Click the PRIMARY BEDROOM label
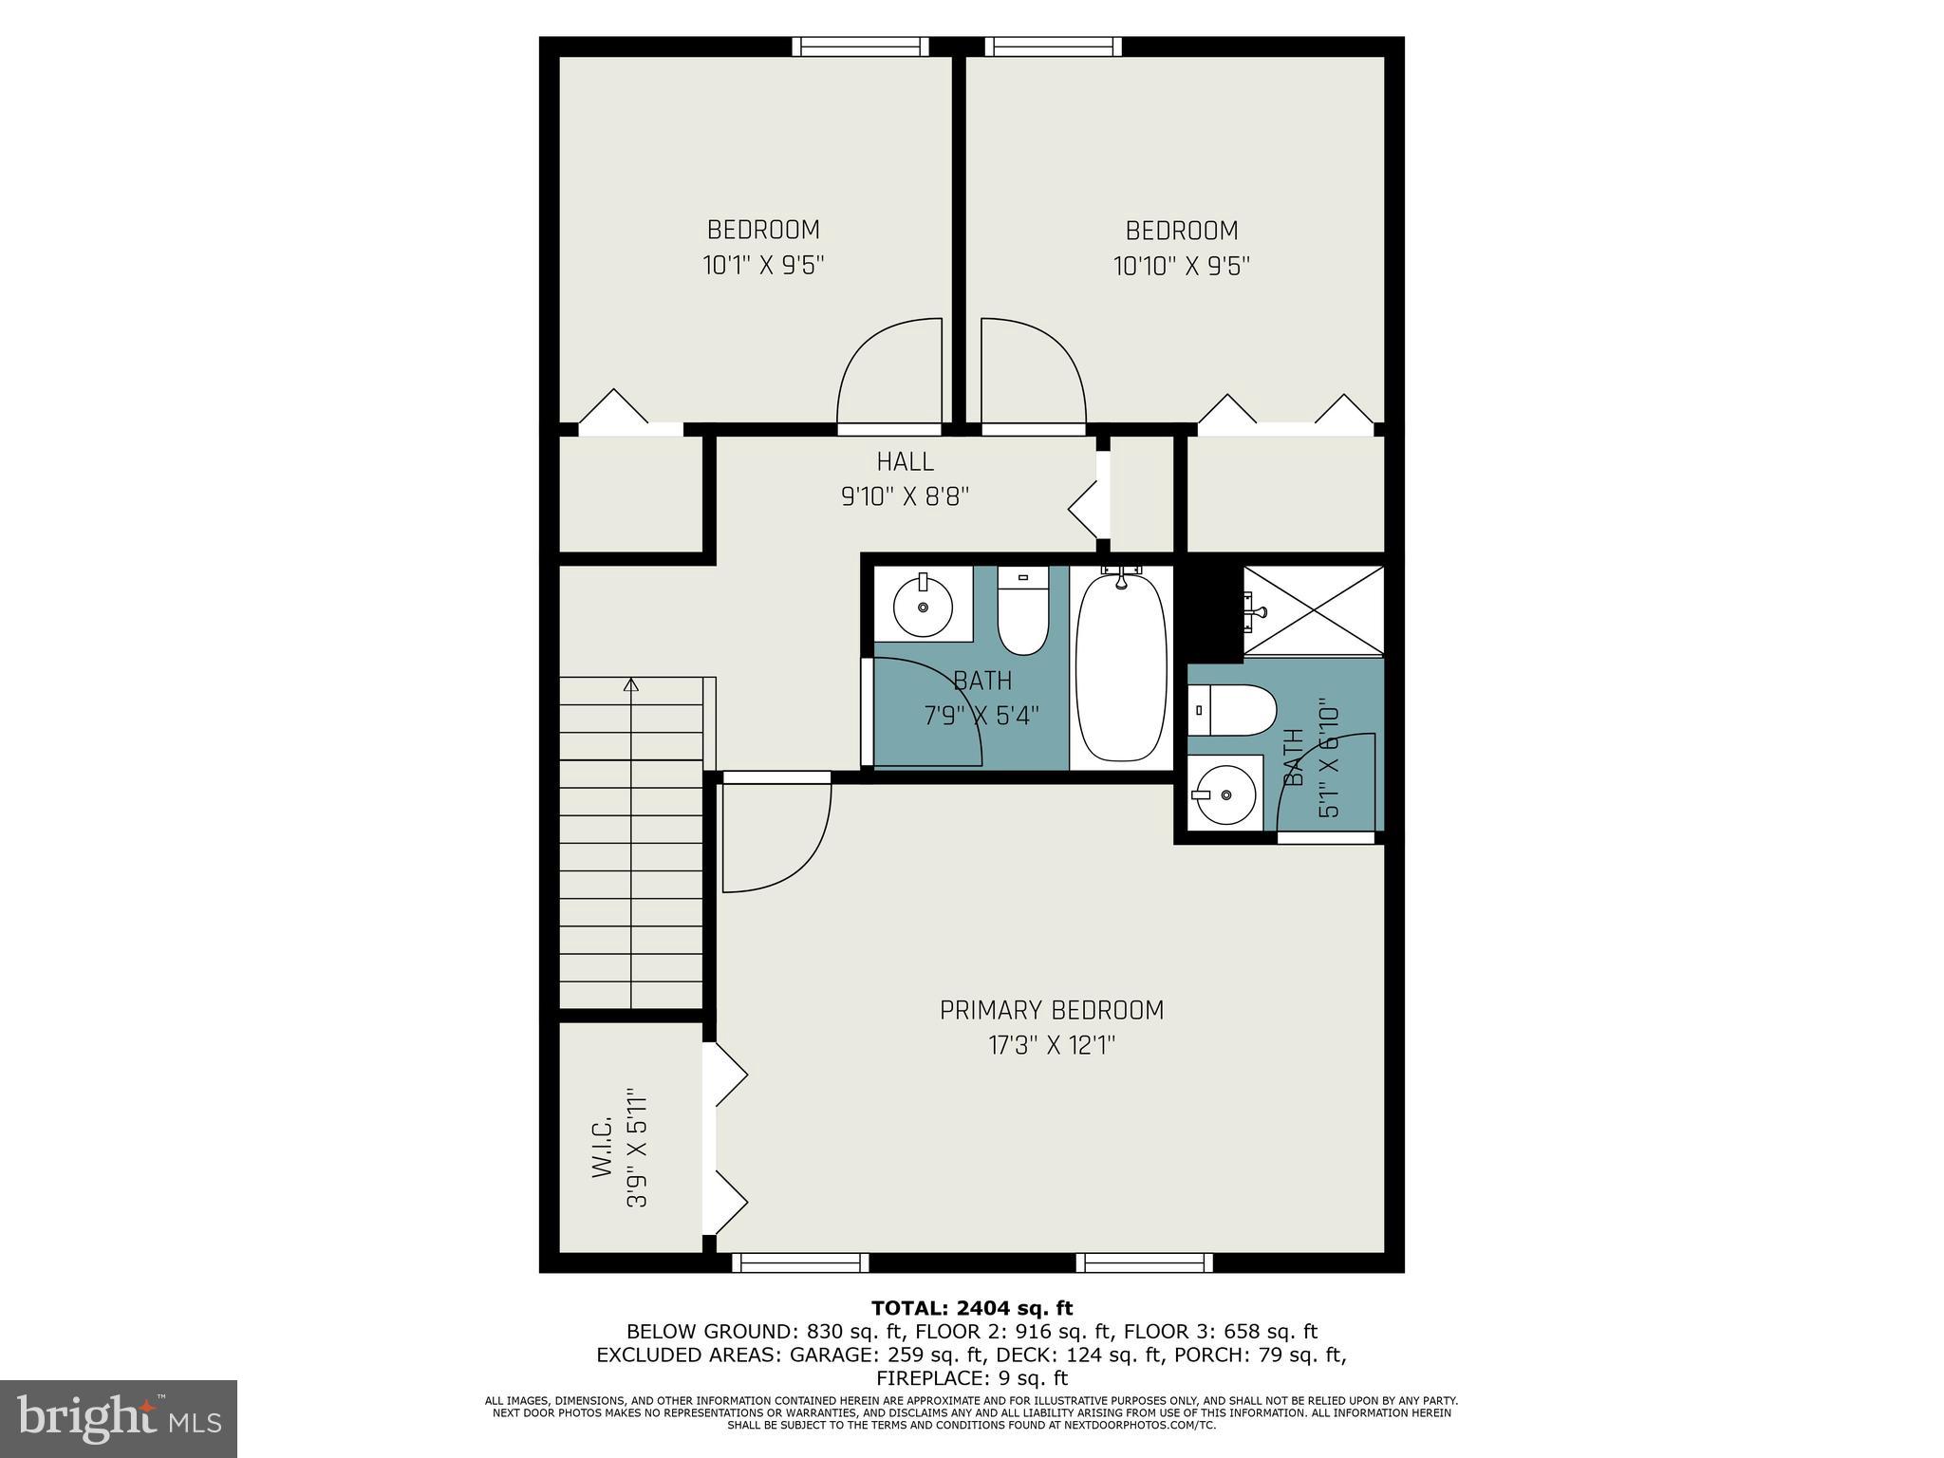pyautogui.click(x=1051, y=1010)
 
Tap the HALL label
pyautogui.click(x=905, y=461)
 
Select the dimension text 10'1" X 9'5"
pyautogui.click(x=762, y=265)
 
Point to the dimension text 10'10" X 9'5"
pyautogui.click(x=1181, y=266)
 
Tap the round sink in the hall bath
pyautogui.click(x=923, y=605)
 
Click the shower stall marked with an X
pyautogui.click(x=1314, y=610)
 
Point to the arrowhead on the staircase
pyautogui.click(x=631, y=684)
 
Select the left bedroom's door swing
pyautogui.click(x=888, y=374)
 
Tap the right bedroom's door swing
pyautogui.click(x=1032, y=374)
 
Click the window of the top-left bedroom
pyautogui.click(x=860, y=47)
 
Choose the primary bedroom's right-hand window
pyautogui.click(x=1144, y=1262)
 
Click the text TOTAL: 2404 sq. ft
pyautogui.click(x=971, y=1309)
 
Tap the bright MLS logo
pyautogui.click(x=118, y=1418)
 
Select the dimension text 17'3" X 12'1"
pyautogui.click(x=1051, y=1046)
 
